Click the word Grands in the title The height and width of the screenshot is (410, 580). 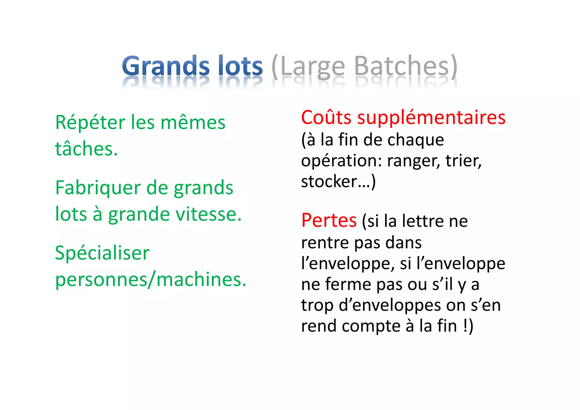(x=166, y=66)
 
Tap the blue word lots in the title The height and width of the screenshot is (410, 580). (x=241, y=66)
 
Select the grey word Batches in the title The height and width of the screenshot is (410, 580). (x=402, y=66)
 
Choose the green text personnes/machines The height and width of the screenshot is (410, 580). (x=151, y=279)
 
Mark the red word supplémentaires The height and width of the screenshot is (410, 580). (x=431, y=118)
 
